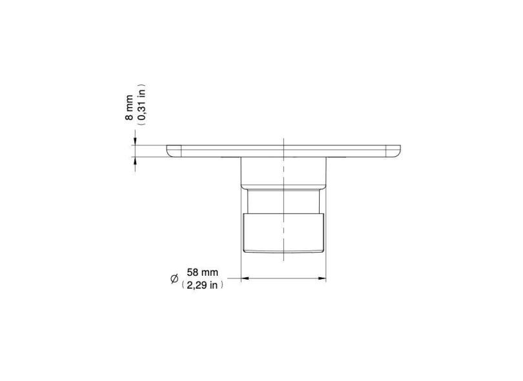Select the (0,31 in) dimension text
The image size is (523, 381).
(x=142, y=104)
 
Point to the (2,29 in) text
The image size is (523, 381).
(x=202, y=285)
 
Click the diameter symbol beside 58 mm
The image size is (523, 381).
(x=174, y=279)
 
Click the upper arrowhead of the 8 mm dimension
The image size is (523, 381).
(x=134, y=140)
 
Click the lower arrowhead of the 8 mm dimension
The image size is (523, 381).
(x=134, y=161)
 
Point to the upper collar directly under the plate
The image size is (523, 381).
(x=283, y=172)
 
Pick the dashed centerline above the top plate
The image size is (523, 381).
(x=283, y=140)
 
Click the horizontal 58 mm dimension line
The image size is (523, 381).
(x=283, y=279)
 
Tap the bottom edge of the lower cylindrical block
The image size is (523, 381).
(x=283, y=252)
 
